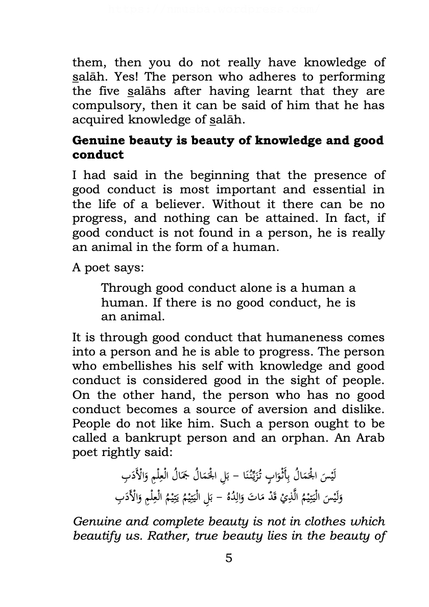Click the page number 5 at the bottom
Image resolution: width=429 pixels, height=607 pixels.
[228, 558]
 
